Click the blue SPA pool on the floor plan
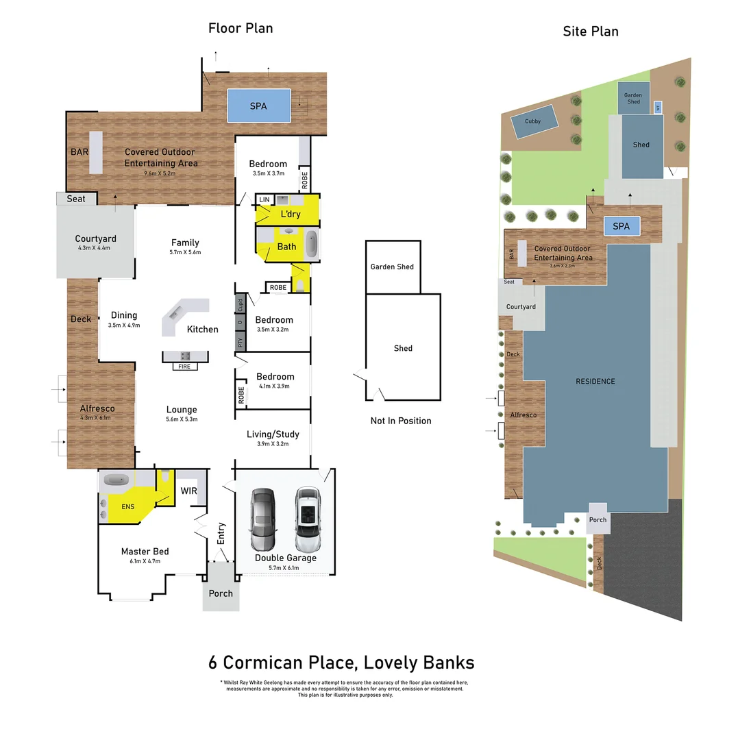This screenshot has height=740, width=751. pos(258,106)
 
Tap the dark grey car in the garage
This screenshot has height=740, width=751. pos(262,519)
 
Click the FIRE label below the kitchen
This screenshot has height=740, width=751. pos(184,367)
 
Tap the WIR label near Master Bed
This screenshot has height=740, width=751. pos(188,491)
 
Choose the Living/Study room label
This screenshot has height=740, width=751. pos(273,433)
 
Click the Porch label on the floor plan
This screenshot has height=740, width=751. pos(221,593)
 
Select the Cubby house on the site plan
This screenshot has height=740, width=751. pos(532,121)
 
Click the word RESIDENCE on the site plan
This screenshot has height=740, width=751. pos(595,381)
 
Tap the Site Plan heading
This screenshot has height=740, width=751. pos(590,31)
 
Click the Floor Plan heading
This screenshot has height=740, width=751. pos(241,28)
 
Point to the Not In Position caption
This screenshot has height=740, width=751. pos(401,421)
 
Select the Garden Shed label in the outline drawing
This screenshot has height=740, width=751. pos(392,267)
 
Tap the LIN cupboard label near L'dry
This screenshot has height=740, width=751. pos(264,199)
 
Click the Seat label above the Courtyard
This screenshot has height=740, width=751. pos(76,199)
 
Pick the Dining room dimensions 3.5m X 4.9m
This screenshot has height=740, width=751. pos(123,325)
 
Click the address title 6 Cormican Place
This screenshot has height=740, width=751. pos(341,663)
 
